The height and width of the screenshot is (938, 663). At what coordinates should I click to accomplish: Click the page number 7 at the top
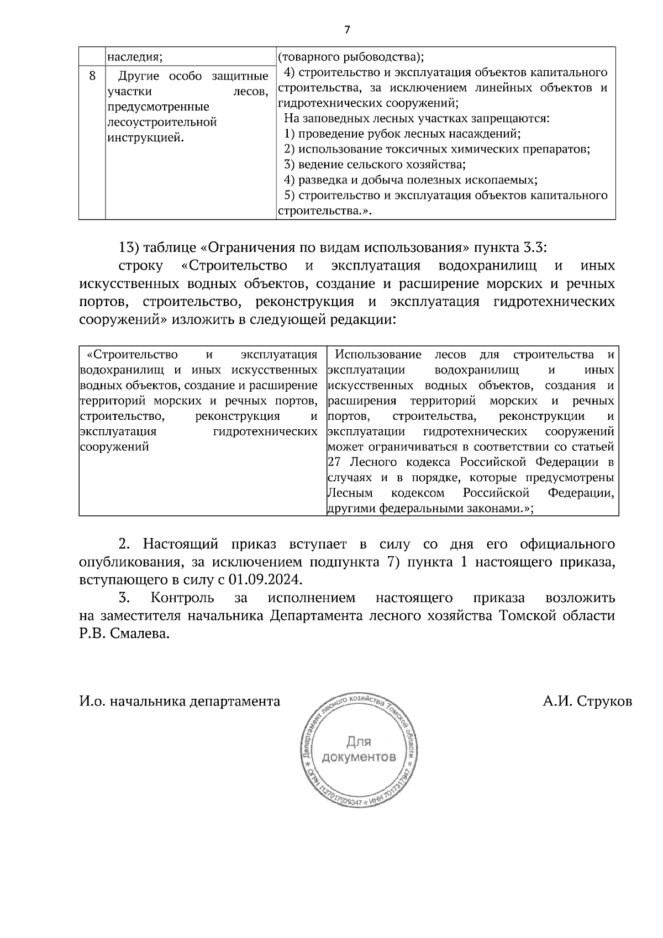coord(347,30)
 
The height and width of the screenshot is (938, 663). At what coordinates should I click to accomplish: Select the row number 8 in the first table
coord(92,75)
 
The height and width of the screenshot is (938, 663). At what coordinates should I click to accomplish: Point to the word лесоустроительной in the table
coord(162,122)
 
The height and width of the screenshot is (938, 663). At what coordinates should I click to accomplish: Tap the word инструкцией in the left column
coord(145,138)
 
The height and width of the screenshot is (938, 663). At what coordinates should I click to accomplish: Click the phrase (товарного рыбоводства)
coord(350,57)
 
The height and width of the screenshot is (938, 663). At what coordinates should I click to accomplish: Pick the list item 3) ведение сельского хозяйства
coord(375,165)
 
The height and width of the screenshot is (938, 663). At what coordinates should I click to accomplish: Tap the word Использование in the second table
coord(378,355)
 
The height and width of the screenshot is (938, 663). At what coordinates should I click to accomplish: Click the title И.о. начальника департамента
coord(180,702)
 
